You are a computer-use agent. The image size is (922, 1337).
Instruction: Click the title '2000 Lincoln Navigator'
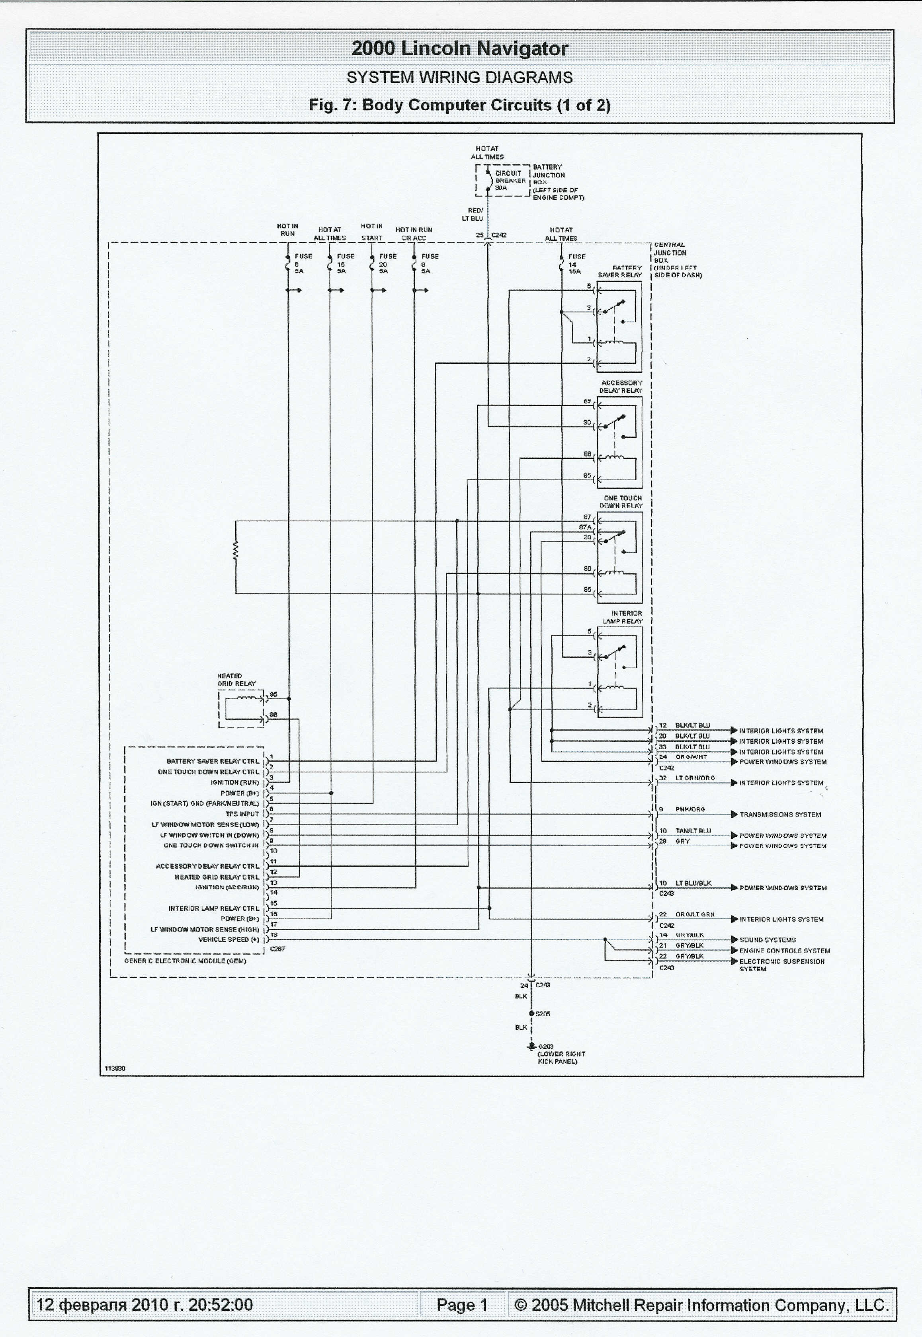460,49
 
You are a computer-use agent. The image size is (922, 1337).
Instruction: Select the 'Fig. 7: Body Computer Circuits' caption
460,105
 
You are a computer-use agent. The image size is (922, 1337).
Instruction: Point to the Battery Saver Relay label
620,271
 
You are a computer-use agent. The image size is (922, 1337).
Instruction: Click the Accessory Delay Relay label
621,386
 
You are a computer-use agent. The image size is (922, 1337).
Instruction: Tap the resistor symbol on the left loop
236,551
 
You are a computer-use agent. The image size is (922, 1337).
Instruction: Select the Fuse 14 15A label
576,264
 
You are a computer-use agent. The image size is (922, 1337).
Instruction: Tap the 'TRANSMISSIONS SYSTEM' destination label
780,815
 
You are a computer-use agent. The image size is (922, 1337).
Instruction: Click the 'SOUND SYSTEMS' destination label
767,940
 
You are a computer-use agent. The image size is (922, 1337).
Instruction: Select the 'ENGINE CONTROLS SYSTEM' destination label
785,950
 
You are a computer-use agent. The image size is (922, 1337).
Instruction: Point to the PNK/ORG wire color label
690,809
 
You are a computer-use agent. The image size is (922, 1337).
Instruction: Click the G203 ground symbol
530,1045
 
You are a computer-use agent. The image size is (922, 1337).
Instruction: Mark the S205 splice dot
531,1013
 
